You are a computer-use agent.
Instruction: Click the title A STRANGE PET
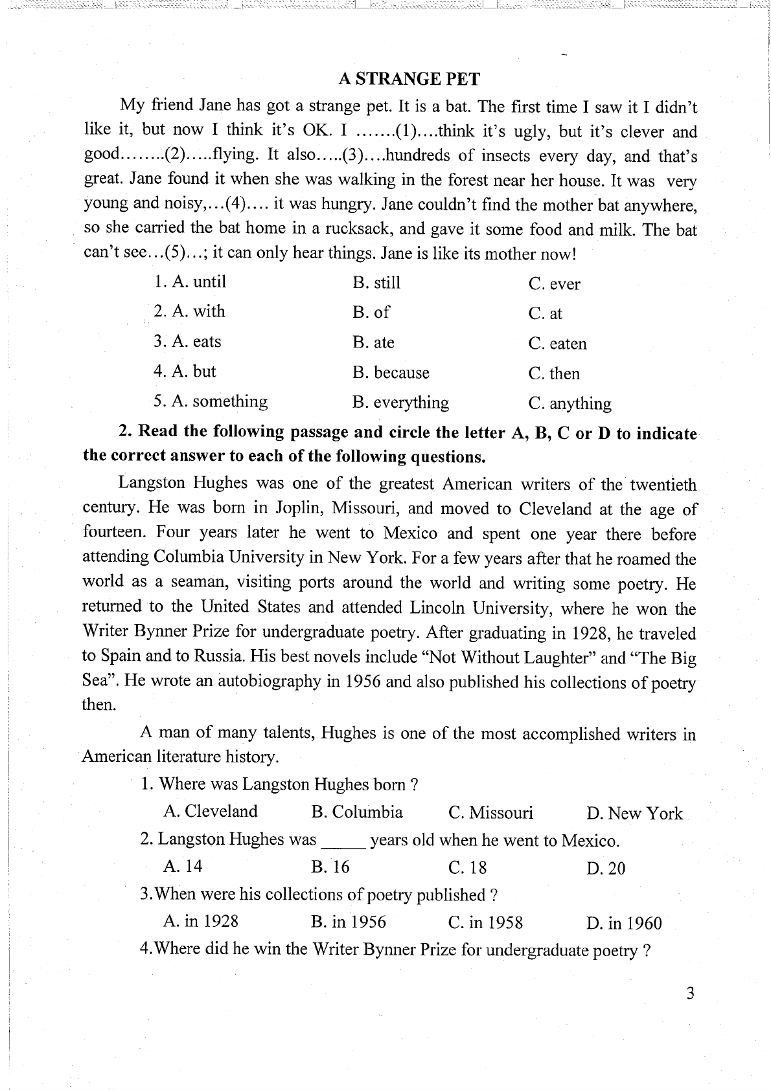pyautogui.click(x=409, y=79)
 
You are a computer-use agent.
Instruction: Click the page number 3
pyautogui.click(x=690, y=994)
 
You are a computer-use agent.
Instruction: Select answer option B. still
pyautogui.click(x=376, y=283)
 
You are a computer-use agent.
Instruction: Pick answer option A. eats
pyautogui.click(x=187, y=342)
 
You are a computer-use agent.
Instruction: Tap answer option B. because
pyautogui.click(x=391, y=373)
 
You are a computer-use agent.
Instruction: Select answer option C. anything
pyautogui.click(x=570, y=404)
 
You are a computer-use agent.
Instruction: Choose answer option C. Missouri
pyautogui.click(x=490, y=813)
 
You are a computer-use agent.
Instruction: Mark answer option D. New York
pyautogui.click(x=634, y=814)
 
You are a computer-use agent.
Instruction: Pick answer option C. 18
pyautogui.click(x=467, y=868)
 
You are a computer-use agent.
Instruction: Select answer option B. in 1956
pyautogui.click(x=349, y=922)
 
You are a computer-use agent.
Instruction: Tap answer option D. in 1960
pyautogui.click(x=624, y=924)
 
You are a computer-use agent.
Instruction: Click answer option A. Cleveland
pyautogui.click(x=211, y=812)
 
